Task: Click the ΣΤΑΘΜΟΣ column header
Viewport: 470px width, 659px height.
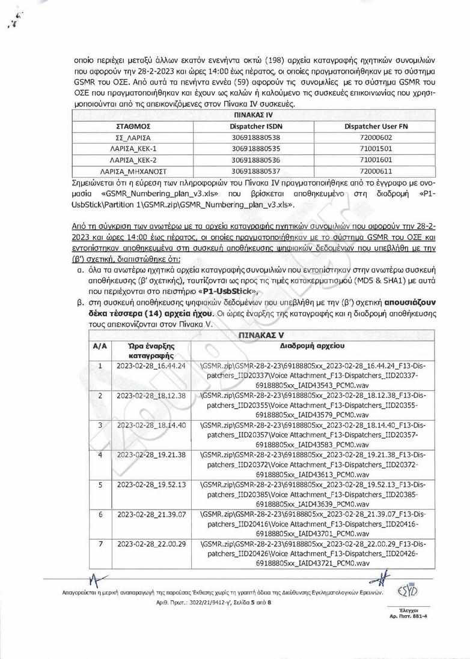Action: coord(132,127)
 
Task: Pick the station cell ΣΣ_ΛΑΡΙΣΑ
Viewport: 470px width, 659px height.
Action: coord(132,137)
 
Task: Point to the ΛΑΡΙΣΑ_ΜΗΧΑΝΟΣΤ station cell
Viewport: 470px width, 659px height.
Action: coord(132,170)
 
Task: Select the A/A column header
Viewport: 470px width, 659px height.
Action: coord(99,346)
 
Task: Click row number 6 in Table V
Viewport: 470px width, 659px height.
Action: coord(100,514)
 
